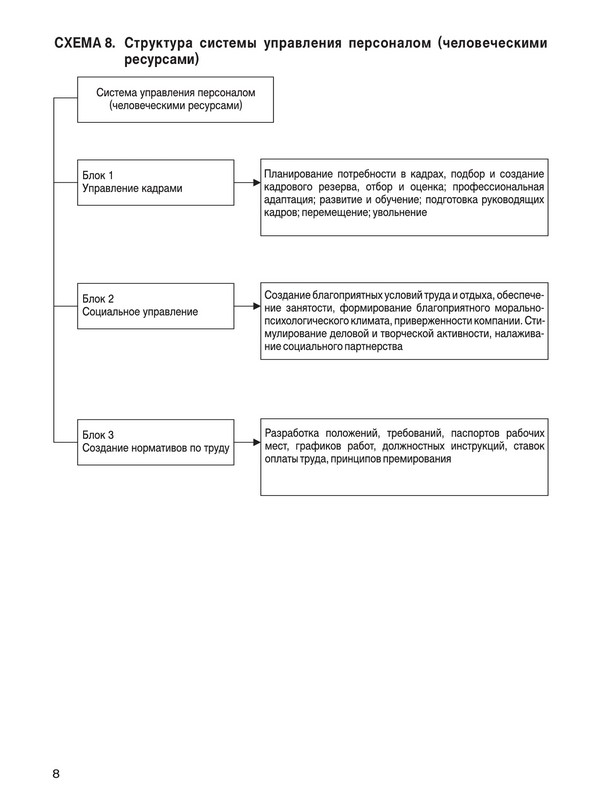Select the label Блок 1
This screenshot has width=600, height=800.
[98, 174]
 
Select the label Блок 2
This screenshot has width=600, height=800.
[98, 298]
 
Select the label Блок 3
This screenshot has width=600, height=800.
[98, 434]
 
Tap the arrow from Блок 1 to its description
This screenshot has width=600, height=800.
[246, 184]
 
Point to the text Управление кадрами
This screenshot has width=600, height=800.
[132, 188]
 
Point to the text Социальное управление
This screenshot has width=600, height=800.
[140, 312]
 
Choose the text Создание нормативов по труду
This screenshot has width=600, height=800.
[155, 448]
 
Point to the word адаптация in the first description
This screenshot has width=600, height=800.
[291, 201]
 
